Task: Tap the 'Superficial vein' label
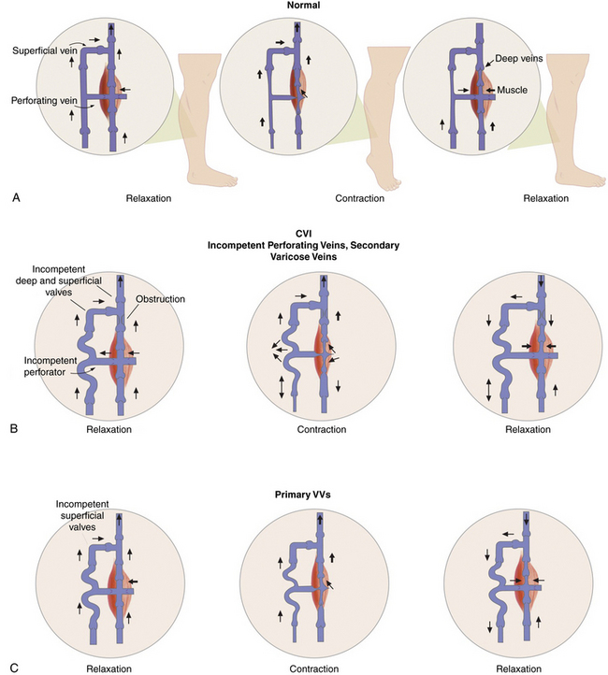pyautogui.click(x=44, y=49)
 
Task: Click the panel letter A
pyautogui.click(x=10, y=198)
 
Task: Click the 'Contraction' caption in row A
pyautogui.click(x=360, y=199)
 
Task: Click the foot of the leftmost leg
pyautogui.click(x=210, y=173)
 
